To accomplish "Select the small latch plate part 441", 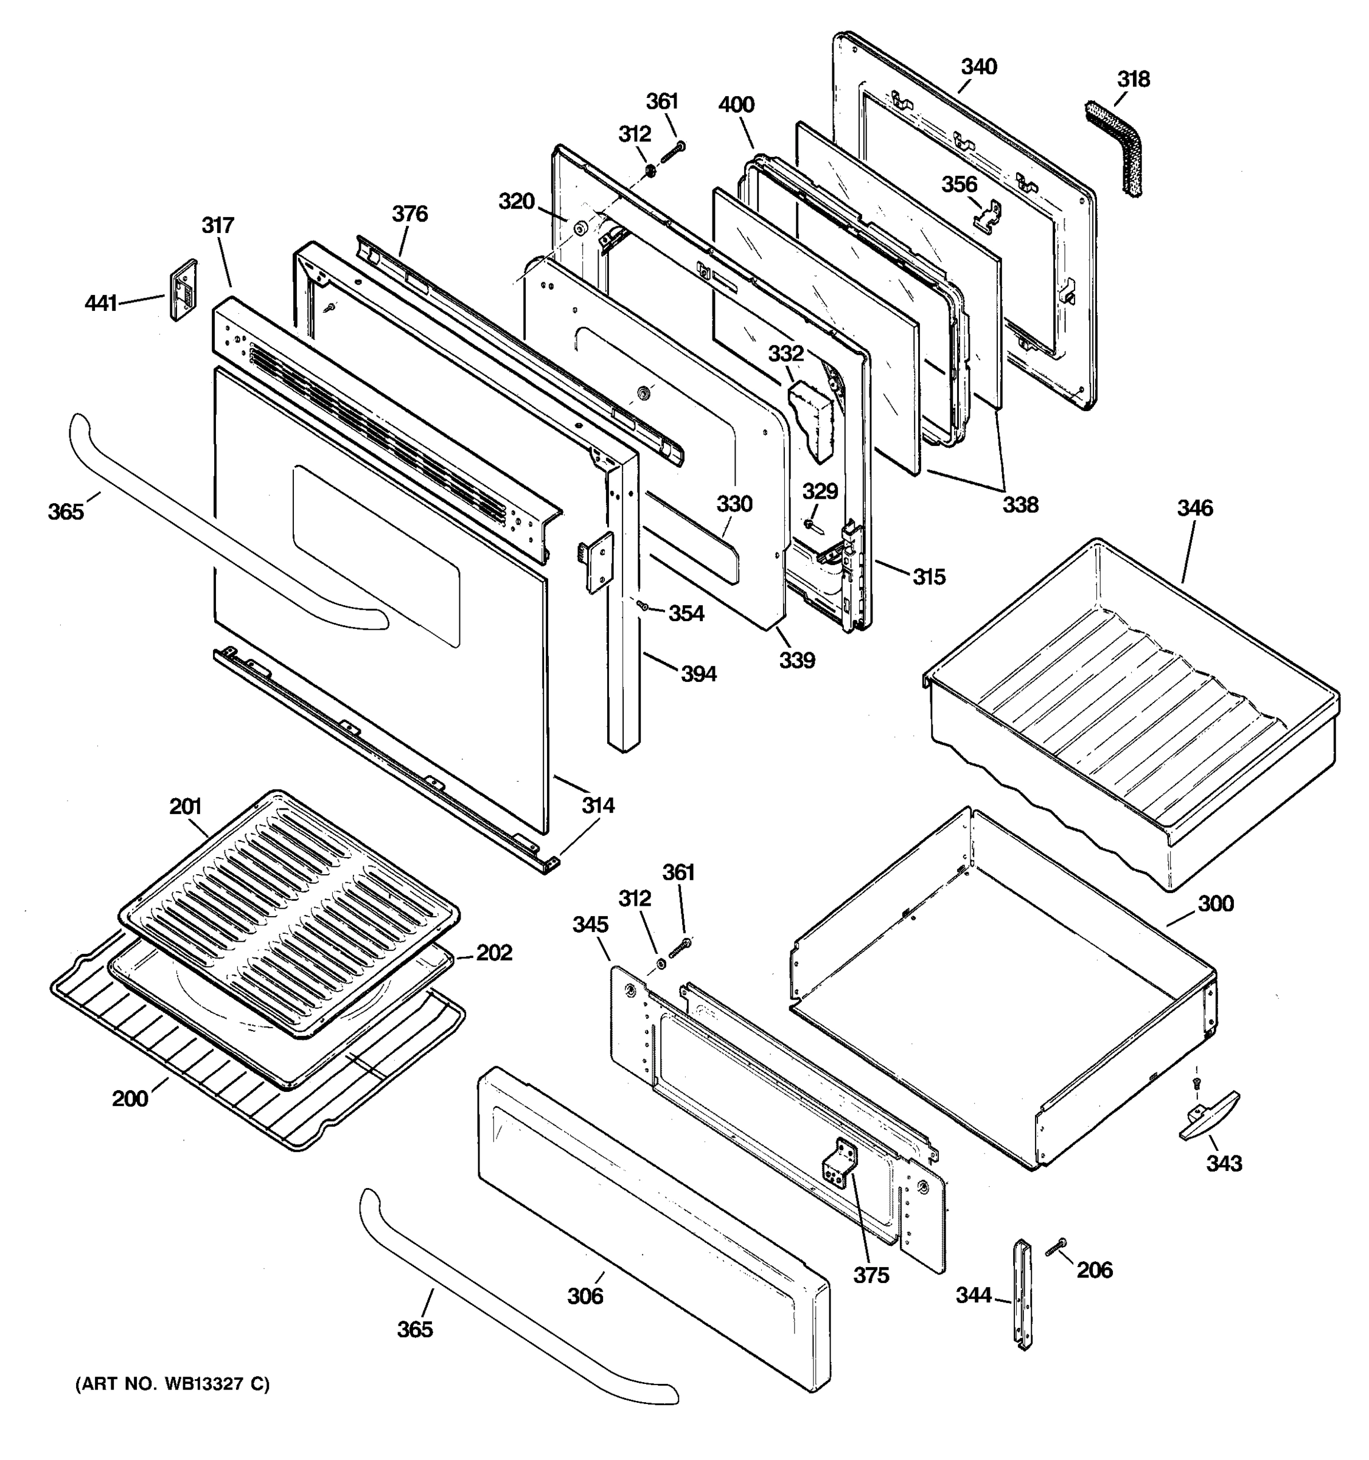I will pos(184,290).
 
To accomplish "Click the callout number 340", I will pos(979,67).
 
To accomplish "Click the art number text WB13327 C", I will pos(173,1385).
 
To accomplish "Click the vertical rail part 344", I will pos(1023,1294).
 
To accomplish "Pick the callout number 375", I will pos(871,1276).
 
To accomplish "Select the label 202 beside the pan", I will pos(494,953).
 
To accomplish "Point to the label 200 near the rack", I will pos(130,1099).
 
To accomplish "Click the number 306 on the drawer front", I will pos(585,1296).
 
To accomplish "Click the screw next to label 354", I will pos(642,605).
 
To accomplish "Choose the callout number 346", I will pos(1195,507).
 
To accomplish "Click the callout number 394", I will pos(698,673).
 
